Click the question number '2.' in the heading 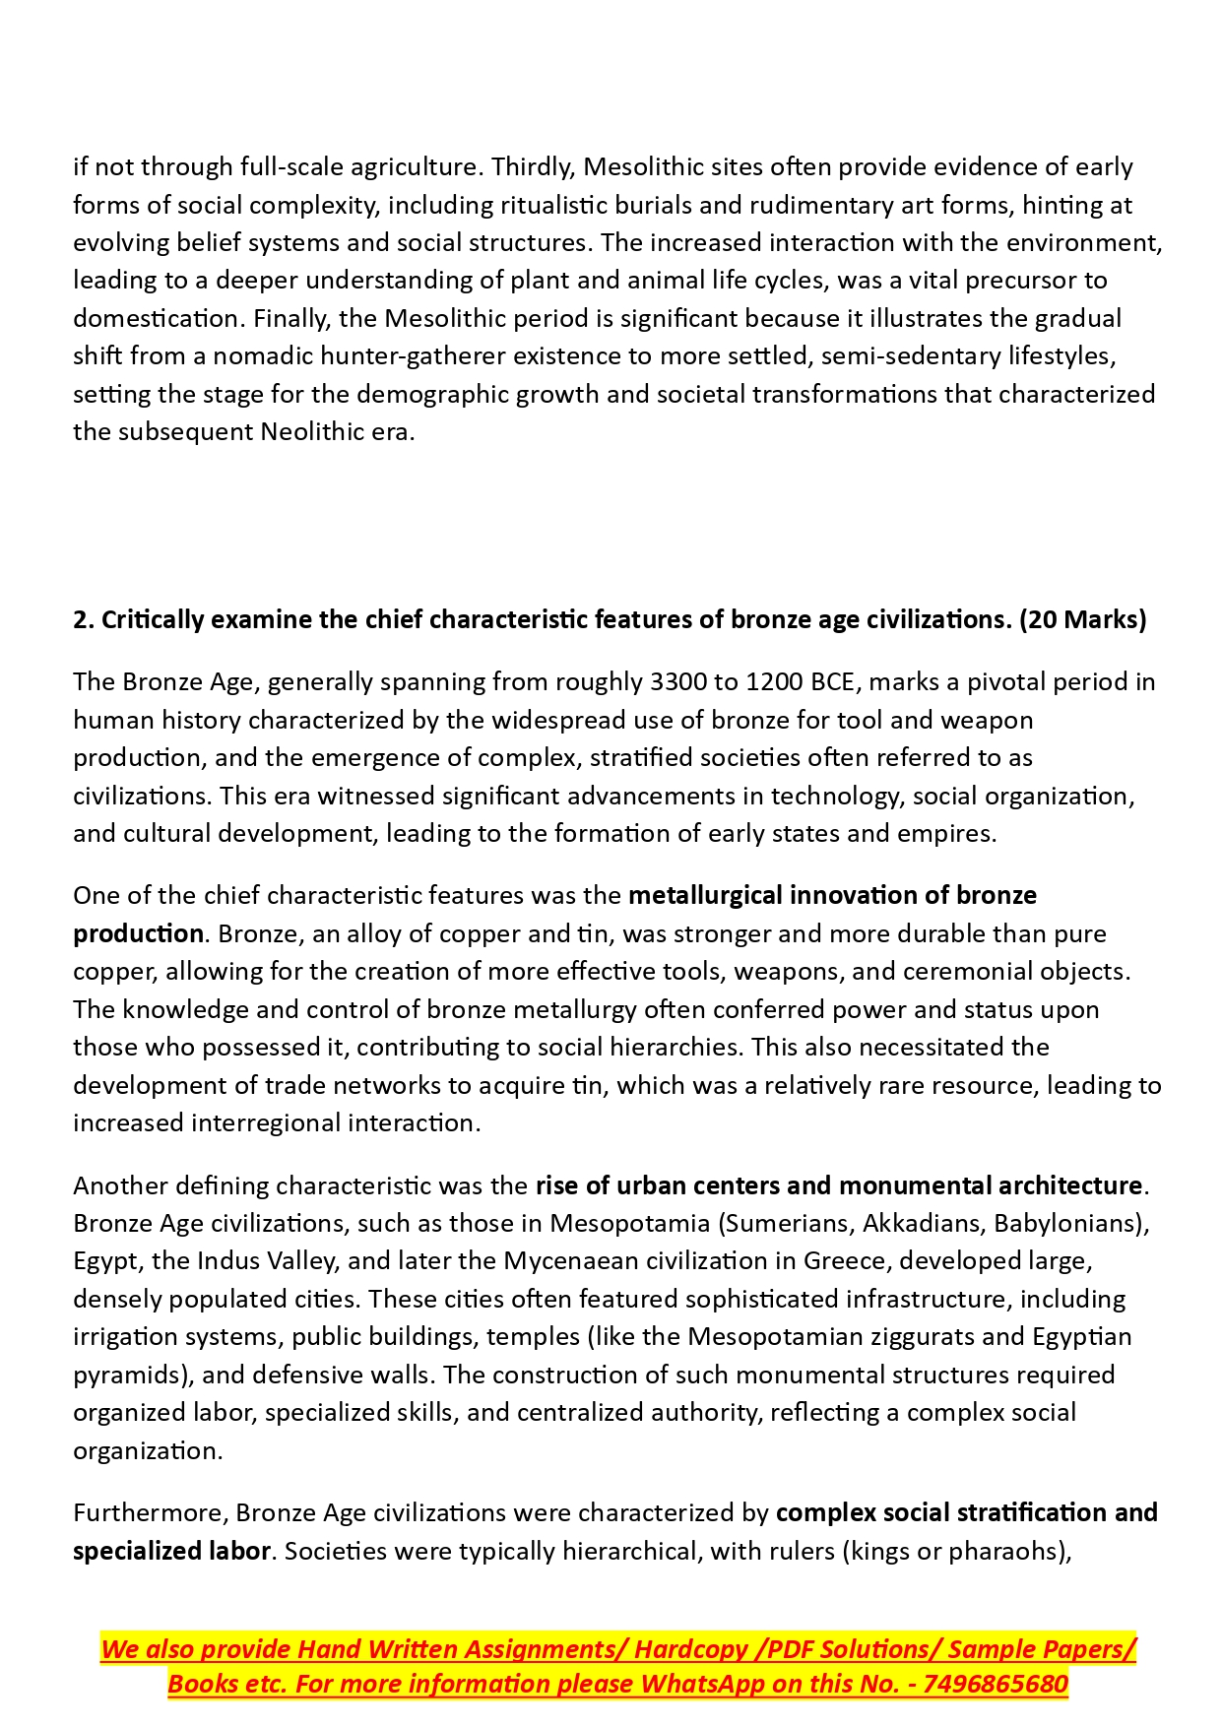point(83,619)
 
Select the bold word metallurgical point(705,895)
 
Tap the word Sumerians point(790,1223)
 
